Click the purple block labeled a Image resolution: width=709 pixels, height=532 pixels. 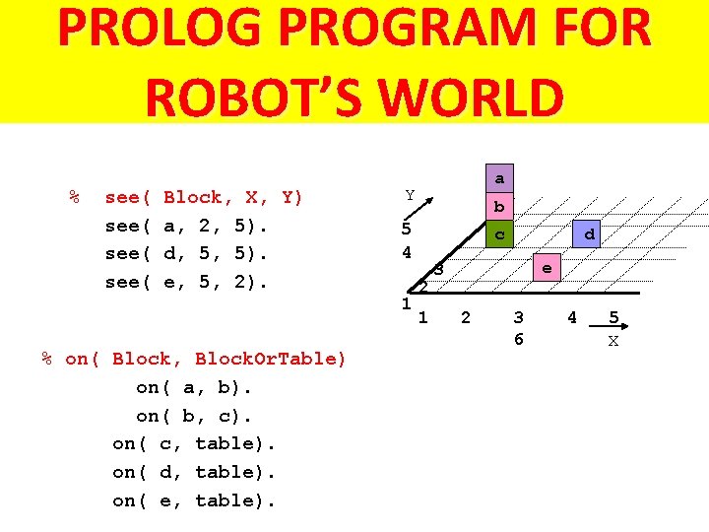pos(499,179)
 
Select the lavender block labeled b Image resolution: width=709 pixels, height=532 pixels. pos(499,207)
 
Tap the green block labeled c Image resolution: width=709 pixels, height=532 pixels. pos(499,234)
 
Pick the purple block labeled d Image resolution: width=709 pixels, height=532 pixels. pos(588,234)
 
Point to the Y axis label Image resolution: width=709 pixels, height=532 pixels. pos(410,195)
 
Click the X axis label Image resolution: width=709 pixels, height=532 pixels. pos(613,341)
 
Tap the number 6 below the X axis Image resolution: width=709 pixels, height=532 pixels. pos(518,339)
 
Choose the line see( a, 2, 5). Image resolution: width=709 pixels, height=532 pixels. pos(187,226)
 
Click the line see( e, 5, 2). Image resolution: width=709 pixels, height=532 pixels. pos(187,282)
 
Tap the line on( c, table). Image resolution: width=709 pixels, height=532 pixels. pos(194,443)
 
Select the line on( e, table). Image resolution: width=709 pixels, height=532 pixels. pos(194,500)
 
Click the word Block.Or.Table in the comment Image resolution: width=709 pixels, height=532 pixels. pos(271,359)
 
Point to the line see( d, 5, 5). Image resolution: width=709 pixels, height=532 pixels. pos(187,253)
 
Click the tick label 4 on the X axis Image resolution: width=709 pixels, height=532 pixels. pos(571,317)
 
